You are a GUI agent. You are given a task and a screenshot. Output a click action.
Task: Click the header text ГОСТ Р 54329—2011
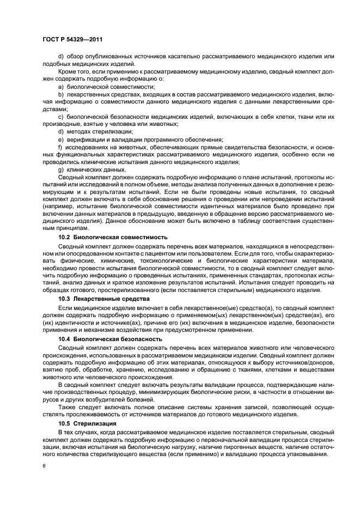coord(74,39)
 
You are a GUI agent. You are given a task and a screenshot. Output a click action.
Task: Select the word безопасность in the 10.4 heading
coord(139,339)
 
